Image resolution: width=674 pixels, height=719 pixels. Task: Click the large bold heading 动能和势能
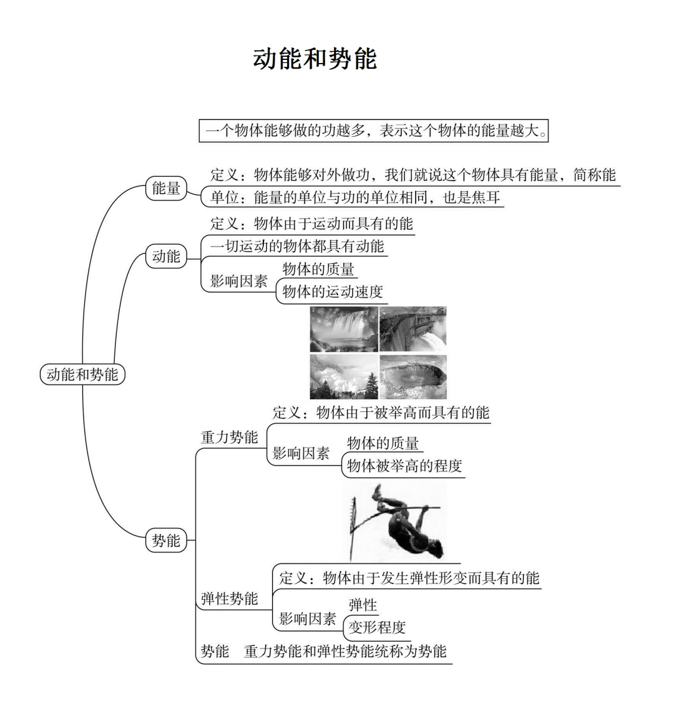(x=315, y=59)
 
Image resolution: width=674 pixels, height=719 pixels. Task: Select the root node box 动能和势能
(x=82, y=374)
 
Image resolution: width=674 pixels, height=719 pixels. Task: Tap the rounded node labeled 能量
(x=166, y=188)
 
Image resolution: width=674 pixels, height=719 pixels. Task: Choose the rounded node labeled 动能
(x=166, y=257)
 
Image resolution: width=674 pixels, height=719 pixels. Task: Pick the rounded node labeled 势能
(x=166, y=540)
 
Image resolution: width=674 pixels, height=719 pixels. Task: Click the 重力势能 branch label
(x=229, y=438)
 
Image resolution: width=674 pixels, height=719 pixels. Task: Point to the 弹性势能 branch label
(x=229, y=599)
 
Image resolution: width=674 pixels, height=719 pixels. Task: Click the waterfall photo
(x=343, y=329)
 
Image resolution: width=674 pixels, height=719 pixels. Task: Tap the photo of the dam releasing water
(x=413, y=329)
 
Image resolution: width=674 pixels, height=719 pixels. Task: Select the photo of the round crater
(x=413, y=377)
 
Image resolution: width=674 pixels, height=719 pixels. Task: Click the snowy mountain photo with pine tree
(x=343, y=377)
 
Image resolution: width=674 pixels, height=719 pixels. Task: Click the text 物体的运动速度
(x=333, y=291)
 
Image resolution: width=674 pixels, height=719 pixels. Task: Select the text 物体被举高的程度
(x=404, y=466)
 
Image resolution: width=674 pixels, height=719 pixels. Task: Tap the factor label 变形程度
(x=377, y=627)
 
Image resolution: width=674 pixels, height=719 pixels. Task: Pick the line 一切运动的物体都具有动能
(x=297, y=247)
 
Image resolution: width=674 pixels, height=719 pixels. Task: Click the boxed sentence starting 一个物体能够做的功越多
(x=373, y=131)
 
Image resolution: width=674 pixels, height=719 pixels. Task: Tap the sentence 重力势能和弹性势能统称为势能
(x=345, y=652)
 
